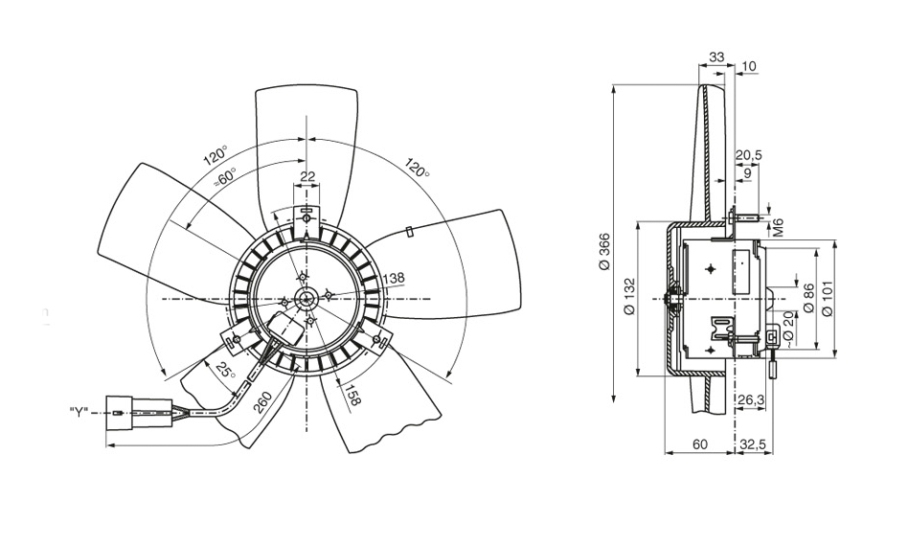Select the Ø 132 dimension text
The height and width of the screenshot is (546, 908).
pos(630,297)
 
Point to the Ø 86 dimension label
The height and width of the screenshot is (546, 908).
pos(808,298)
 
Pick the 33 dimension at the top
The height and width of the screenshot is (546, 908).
pos(717,58)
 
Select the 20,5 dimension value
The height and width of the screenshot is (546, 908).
pos(749,155)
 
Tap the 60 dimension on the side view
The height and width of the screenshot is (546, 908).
pos(700,444)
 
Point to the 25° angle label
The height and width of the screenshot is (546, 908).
pos(226,371)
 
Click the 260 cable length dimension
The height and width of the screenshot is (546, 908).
pos(262,404)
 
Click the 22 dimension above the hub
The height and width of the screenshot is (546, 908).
pos(306,176)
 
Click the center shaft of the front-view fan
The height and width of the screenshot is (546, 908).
pos(306,298)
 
